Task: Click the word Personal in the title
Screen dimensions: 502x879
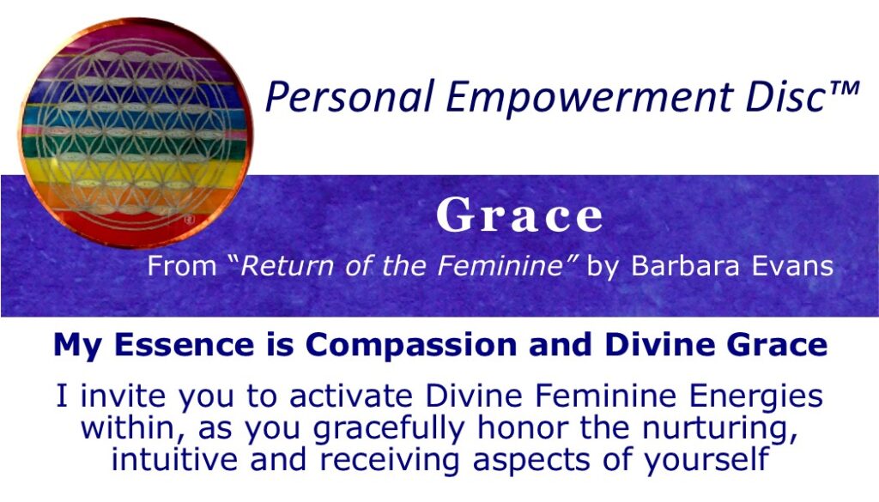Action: click(327, 96)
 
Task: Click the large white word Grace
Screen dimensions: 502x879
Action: click(520, 217)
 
